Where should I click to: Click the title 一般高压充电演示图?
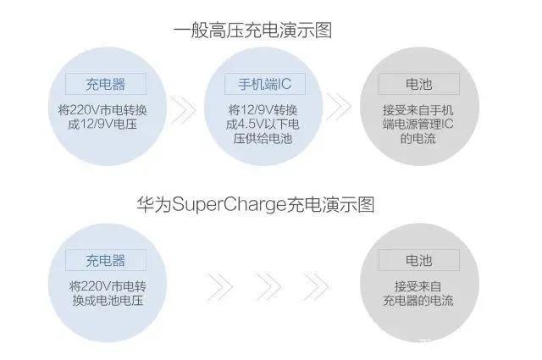pos(252,30)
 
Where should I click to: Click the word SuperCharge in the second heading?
pos(229,205)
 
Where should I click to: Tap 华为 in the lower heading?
pos(154,204)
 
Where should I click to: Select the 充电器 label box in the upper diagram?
pos(106,84)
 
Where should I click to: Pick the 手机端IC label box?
pos(265,84)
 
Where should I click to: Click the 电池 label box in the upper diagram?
pos(419,84)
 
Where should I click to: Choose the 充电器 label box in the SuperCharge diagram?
pos(106,260)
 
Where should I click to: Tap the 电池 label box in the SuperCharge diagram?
pos(419,260)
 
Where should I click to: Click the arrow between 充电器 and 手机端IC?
pos(184,110)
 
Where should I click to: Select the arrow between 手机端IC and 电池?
pos(339,107)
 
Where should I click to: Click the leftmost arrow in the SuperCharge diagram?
pos(220,286)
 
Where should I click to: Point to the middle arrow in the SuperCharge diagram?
pos(268,286)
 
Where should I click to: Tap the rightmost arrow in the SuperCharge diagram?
pos(316,286)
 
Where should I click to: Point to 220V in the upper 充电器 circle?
pos(85,110)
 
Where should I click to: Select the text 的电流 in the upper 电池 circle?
pos(418,139)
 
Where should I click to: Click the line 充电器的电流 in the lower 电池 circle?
pos(418,300)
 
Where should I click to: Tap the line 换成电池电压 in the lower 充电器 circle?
pos(108,300)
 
